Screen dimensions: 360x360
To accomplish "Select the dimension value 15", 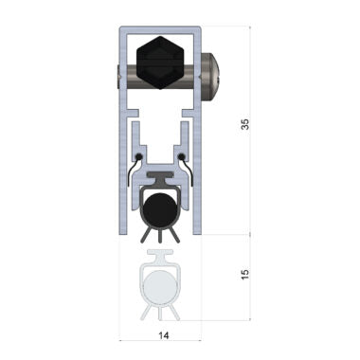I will (x=245, y=275).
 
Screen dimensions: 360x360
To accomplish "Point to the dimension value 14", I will (x=161, y=335).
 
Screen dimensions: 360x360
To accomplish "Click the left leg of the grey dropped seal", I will (x=144, y=311).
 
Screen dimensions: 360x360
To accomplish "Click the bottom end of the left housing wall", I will (x=123, y=230).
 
